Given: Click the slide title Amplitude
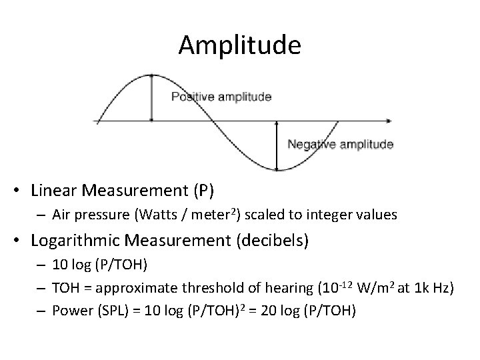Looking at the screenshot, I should click(240, 45).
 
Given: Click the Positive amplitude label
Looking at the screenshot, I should click(221, 97).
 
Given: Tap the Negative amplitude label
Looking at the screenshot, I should click(340, 144).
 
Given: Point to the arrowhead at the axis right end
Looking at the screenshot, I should click(387, 121).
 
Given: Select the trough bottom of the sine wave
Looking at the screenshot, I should click(277, 169).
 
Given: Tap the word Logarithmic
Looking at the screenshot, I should click(75, 240).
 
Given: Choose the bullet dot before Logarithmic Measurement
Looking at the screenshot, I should click(22, 241).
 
